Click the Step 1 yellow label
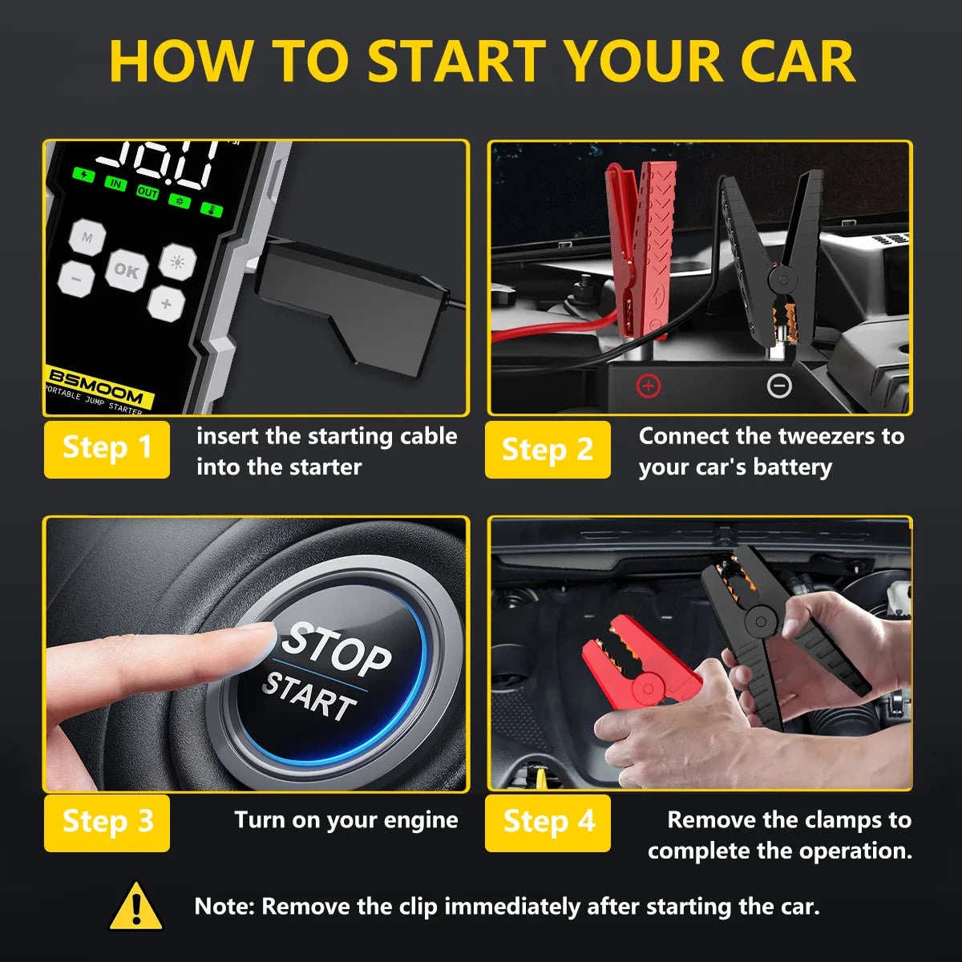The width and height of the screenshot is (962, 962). (107, 449)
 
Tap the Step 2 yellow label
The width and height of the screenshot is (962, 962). (548, 449)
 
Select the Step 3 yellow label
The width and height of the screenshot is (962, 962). (107, 823)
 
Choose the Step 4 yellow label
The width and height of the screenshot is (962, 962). (548, 823)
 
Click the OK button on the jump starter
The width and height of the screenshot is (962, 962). (127, 270)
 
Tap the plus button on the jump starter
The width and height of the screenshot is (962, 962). (166, 304)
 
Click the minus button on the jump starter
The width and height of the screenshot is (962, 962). (77, 279)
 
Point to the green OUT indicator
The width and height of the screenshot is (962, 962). (148, 192)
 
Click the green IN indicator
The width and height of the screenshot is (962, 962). (116, 184)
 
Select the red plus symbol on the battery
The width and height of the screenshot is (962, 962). (648, 386)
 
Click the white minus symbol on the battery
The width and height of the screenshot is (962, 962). (779, 386)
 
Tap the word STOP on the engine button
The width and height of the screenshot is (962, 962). (338, 649)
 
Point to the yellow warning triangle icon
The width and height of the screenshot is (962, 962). (136, 907)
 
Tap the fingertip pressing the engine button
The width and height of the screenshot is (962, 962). (257, 641)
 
